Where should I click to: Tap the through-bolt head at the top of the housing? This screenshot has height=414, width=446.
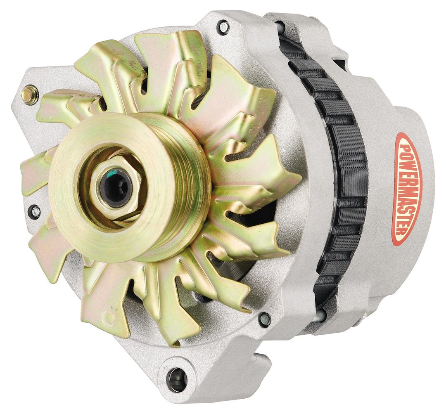tap(223, 27)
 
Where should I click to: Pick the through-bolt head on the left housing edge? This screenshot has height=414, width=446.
tap(36, 211)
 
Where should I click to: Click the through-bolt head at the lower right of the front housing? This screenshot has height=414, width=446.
tap(264, 319)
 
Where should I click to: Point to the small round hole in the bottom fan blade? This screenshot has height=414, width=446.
tap(110, 317)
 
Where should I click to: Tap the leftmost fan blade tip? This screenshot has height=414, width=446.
tap(25, 173)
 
